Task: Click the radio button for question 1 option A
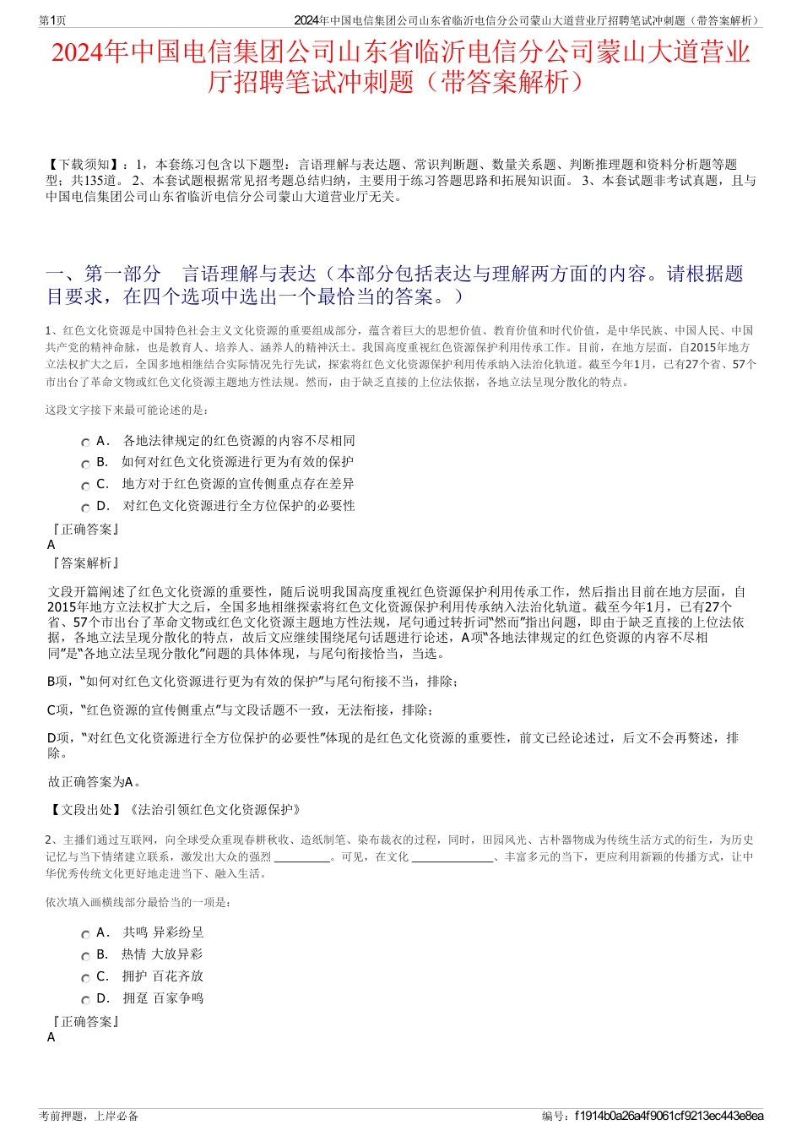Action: pyautogui.click(x=85, y=443)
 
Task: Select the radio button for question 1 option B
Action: pyautogui.click(x=85, y=464)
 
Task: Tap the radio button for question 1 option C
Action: pyautogui.click(x=85, y=486)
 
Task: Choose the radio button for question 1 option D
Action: pyautogui.click(x=85, y=508)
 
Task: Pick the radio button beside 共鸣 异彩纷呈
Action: pyautogui.click(x=85, y=934)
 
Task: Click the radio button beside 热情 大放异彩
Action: pyautogui.click(x=85, y=956)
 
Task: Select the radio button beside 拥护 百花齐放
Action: pyautogui.click(x=85, y=978)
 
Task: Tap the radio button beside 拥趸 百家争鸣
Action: pyautogui.click(x=85, y=1000)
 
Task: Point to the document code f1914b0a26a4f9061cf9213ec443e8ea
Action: pyautogui.click(x=669, y=1116)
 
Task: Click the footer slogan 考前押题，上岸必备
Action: pyautogui.click(x=89, y=1116)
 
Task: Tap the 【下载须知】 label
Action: pyautogui.click(x=84, y=165)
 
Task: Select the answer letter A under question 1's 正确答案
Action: pyautogui.click(x=51, y=545)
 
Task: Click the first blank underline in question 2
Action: pyautogui.click(x=302, y=858)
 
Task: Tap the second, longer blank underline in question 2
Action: pyautogui.click(x=452, y=858)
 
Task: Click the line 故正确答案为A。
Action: pyautogui.click(x=95, y=781)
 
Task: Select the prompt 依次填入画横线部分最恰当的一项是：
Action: pyautogui.click(x=138, y=902)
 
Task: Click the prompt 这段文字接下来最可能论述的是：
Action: pyautogui.click(x=127, y=410)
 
